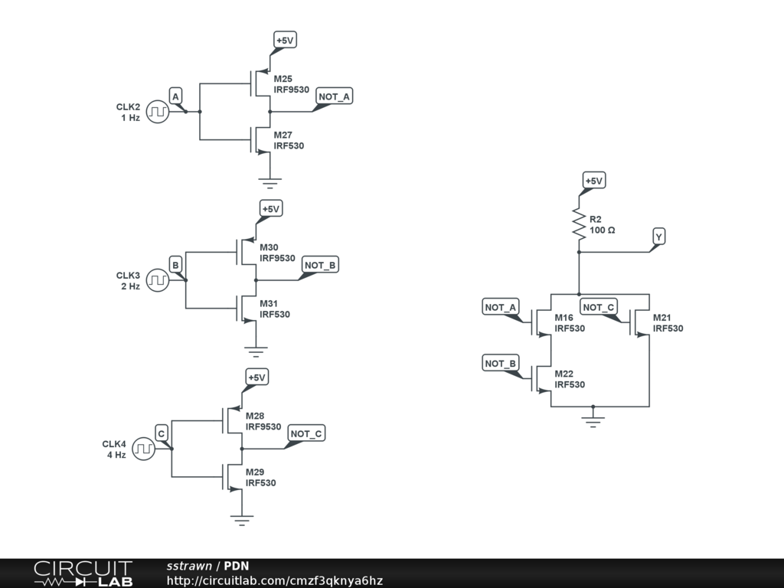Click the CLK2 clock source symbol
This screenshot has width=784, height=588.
[x=157, y=112]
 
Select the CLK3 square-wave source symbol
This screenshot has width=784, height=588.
[x=157, y=280]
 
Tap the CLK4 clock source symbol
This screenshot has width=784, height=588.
[x=143, y=449]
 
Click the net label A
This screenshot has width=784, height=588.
[x=175, y=96]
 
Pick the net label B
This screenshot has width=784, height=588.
[x=175, y=265]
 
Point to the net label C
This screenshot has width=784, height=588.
[x=162, y=433]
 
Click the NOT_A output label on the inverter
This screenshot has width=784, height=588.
[x=334, y=96]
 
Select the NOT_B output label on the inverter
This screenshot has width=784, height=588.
[x=321, y=265]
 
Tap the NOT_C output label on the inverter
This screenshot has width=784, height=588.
[x=307, y=434]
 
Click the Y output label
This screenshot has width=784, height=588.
[x=658, y=237]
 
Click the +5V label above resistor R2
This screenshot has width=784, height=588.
[x=593, y=181]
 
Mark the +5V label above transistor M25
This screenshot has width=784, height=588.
[x=285, y=40]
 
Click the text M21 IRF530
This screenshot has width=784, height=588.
[x=668, y=323]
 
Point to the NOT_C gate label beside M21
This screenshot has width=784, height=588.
[x=599, y=308]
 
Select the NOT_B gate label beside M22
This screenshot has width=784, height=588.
[x=501, y=363]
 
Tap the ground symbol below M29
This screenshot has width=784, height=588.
[x=242, y=519]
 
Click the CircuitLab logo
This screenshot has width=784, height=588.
[x=83, y=573]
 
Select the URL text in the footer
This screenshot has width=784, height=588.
[x=275, y=580]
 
